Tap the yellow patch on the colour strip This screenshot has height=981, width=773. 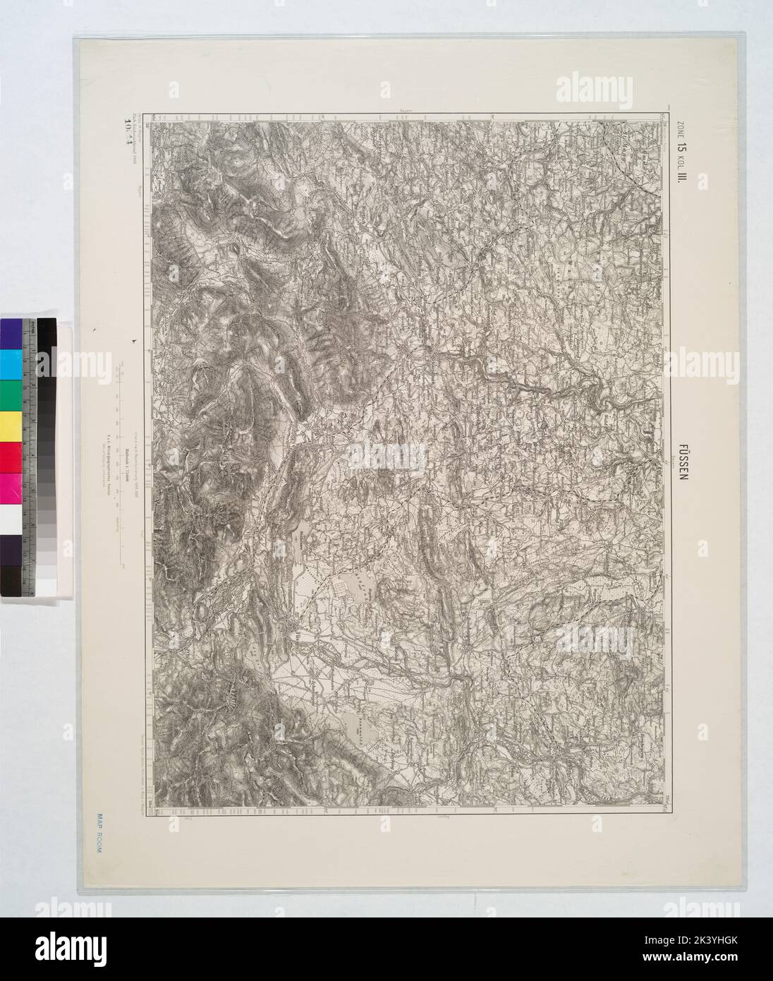11,425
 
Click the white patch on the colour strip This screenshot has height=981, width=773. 11,519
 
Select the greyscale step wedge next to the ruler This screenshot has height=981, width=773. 47,459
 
